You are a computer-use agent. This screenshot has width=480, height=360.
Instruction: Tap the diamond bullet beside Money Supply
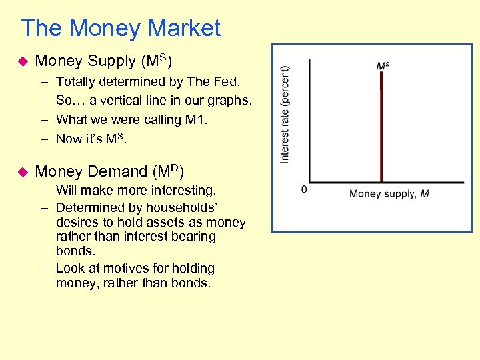tap(21, 61)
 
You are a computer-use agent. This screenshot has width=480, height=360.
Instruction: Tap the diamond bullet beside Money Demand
tap(21, 171)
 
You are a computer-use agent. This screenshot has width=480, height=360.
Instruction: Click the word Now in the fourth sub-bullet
tap(69, 139)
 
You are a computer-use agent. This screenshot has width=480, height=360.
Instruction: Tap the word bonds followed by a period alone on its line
tap(75, 251)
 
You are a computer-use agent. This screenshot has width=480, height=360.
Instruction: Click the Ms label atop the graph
tap(383, 66)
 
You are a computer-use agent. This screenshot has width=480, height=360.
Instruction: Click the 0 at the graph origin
tap(305, 189)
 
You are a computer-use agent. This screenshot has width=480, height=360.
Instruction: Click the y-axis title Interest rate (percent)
tap(285, 113)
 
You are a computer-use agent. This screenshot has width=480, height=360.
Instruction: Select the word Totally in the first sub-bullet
tap(76, 81)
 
